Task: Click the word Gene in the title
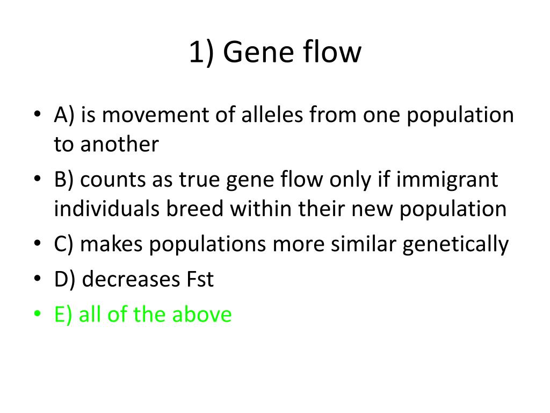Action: pos(258,52)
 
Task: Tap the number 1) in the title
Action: pos(201,53)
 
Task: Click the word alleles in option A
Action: pos(272,115)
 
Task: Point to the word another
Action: pos(120,144)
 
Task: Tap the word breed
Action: pos(194,209)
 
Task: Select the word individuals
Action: pos(107,209)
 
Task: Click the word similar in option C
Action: pos(364,244)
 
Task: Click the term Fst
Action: pos(200,280)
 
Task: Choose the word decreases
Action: pos(131,280)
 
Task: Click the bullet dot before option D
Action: pos(38,279)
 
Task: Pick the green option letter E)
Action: pos(63,315)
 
